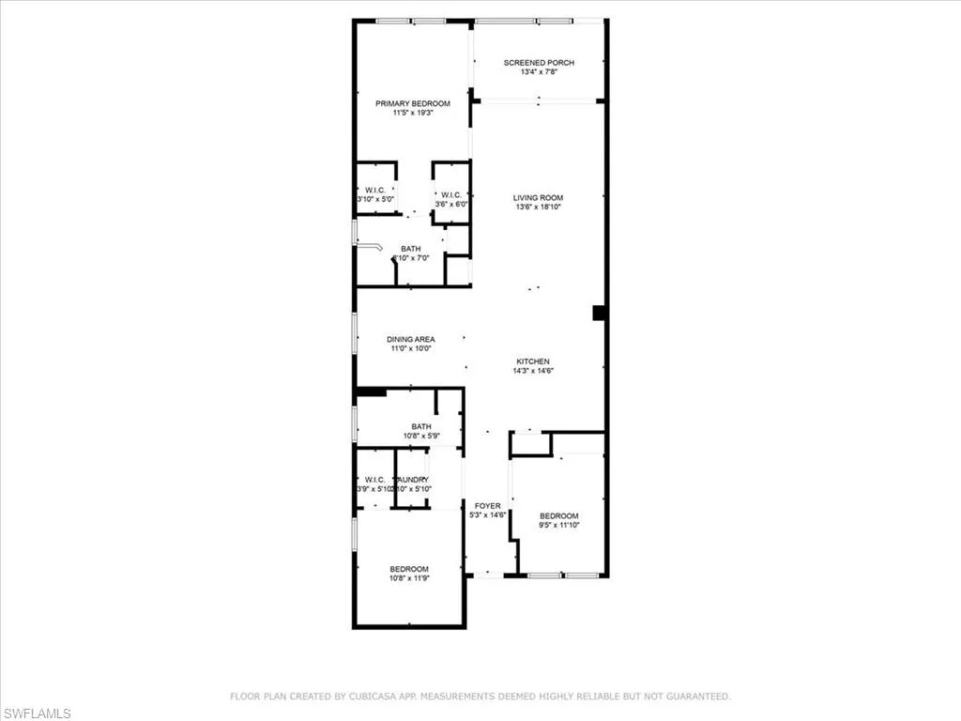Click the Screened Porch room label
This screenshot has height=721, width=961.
click(539, 63)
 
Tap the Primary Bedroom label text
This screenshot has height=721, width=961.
click(413, 103)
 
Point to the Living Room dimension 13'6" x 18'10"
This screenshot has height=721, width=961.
click(539, 207)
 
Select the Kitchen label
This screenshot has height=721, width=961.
click(532, 361)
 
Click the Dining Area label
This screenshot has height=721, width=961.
click(410, 339)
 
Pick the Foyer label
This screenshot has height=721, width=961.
click(488, 506)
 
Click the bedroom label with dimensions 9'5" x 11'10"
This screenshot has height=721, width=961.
click(558, 515)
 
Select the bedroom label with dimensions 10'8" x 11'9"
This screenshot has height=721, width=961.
click(409, 569)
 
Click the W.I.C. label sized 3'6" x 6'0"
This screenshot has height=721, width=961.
click(450, 196)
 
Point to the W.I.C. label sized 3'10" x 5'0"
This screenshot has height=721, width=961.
click(374, 192)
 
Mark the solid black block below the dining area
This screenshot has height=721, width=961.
click(371, 392)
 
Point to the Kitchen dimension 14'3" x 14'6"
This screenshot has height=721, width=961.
click(532, 371)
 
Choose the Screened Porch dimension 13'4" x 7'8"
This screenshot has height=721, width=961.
click(539, 72)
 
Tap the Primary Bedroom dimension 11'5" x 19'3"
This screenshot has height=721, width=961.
click(413, 113)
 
